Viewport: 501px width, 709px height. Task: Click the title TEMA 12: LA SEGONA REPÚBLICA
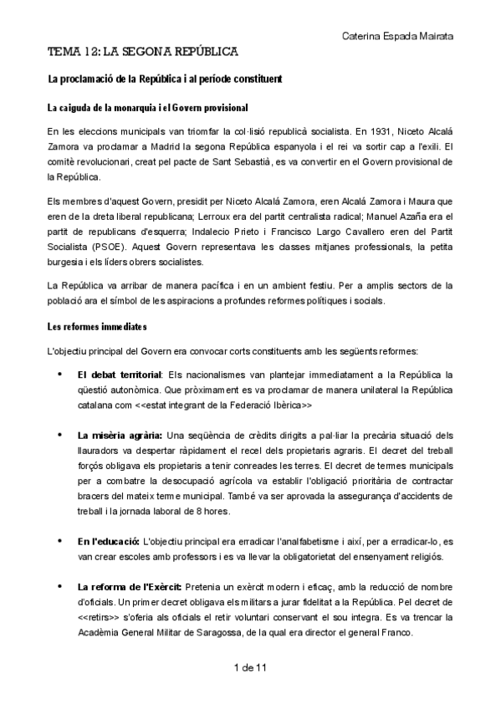click(143, 52)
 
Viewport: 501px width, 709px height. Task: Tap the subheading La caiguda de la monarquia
click(147, 109)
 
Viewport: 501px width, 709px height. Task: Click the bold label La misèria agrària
click(120, 435)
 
